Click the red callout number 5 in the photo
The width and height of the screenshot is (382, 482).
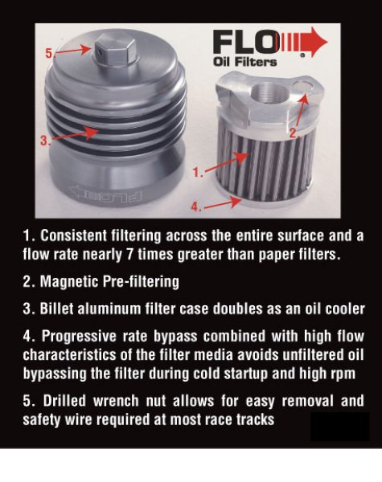click(49, 53)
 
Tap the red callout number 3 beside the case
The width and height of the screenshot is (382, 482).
click(44, 141)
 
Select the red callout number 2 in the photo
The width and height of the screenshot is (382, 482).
click(294, 133)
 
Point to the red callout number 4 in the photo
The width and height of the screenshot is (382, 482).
click(196, 207)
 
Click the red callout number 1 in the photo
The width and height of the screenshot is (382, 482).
click(198, 173)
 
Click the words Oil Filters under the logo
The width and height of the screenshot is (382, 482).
click(244, 62)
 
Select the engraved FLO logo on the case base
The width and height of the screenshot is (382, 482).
click(106, 195)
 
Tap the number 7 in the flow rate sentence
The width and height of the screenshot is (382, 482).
click(130, 255)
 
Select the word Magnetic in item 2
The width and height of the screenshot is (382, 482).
click(69, 282)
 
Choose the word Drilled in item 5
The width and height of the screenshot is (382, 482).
click(64, 401)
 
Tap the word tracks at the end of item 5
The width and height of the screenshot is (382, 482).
click(255, 420)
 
